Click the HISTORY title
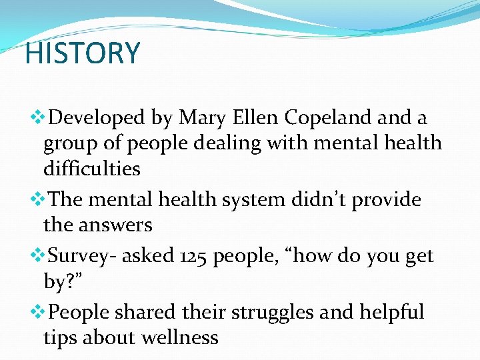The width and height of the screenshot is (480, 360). [x=82, y=53]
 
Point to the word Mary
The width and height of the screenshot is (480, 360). [x=202, y=118]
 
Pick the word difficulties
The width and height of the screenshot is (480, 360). [x=92, y=168]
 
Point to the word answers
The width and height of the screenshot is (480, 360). [x=117, y=226]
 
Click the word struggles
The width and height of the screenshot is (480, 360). [x=277, y=313]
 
